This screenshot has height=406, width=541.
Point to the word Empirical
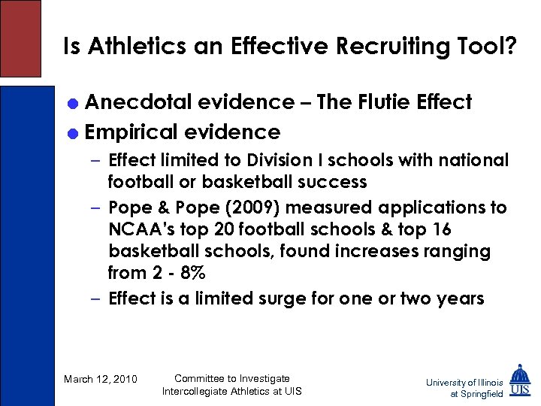pyautogui.click(x=132, y=132)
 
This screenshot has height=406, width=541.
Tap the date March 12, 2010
pyautogui.click(x=101, y=379)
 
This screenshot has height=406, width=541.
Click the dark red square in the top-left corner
pyautogui.click(x=20, y=38)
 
